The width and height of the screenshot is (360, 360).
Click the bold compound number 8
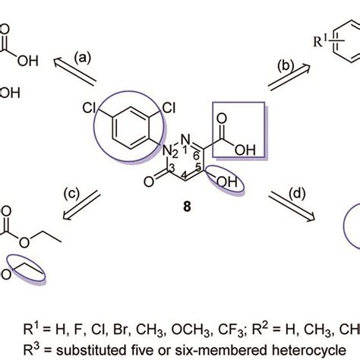click(187, 207)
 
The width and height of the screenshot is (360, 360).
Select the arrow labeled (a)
click(75, 71)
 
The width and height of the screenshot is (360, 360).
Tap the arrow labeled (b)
click(289, 77)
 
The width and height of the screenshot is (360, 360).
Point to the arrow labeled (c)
click(82, 205)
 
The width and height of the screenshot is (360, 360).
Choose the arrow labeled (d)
click(292, 207)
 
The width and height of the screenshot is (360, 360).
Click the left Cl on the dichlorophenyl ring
click(89, 109)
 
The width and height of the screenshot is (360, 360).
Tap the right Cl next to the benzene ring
click(169, 108)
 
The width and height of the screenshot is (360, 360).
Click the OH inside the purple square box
click(245, 150)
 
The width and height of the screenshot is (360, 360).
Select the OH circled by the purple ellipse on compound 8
click(227, 182)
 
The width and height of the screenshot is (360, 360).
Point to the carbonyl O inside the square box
click(222, 118)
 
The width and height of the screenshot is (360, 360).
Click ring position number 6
click(196, 156)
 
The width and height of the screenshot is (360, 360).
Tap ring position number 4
click(185, 176)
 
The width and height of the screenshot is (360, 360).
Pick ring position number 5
click(199, 167)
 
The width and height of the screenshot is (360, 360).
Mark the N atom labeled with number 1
click(186, 139)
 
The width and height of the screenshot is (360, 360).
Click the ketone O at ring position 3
click(149, 182)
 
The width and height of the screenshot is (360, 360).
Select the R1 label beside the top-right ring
click(321, 40)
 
